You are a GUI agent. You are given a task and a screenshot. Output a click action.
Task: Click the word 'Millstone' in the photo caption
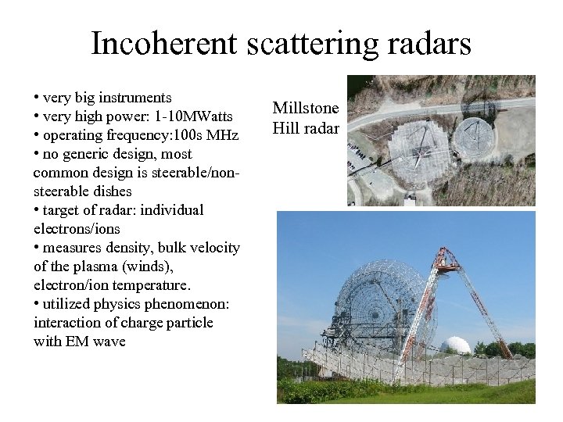305,109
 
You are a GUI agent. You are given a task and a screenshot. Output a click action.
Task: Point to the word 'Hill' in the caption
286,128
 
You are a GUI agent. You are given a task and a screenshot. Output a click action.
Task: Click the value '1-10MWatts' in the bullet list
194,116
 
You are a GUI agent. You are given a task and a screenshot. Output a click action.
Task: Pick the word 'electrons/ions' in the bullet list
77,229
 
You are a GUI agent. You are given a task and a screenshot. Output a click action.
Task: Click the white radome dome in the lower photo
454,345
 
